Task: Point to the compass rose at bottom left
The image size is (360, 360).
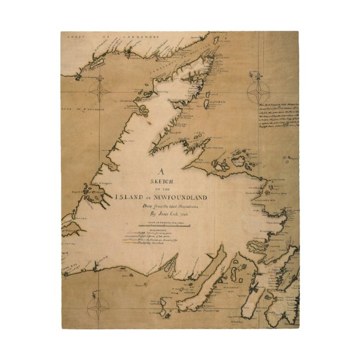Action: pos(100,306)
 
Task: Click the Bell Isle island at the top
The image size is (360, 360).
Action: pos(216,39)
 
